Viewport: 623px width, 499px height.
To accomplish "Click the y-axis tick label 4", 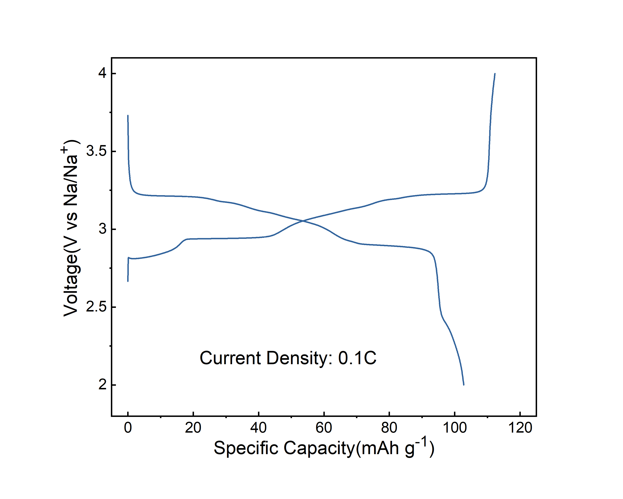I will [103, 73].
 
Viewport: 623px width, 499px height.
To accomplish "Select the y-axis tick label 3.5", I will [97, 151].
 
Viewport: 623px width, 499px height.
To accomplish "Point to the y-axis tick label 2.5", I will [97, 307].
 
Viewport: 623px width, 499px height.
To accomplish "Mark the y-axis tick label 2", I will [103, 385].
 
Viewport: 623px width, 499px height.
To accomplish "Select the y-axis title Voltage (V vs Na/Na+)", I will [71, 228].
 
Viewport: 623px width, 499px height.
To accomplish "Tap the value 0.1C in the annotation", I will [357, 358].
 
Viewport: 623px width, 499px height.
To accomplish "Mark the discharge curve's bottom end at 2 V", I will [463, 385].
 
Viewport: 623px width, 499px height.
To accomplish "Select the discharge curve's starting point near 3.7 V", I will [128, 115].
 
